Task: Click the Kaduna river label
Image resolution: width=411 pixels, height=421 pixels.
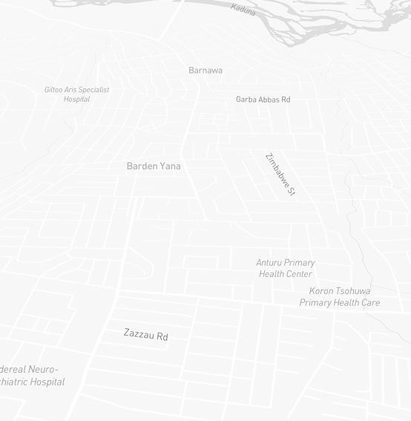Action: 243,10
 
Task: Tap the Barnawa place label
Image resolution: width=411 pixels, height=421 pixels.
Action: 205,71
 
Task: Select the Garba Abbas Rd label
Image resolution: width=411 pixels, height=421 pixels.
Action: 263,99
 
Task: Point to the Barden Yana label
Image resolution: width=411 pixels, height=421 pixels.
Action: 154,166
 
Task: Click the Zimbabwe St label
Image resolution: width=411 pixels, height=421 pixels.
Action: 280,174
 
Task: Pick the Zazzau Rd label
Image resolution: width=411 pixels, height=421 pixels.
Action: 145,336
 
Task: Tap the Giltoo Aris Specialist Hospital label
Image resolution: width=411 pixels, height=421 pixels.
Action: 76,94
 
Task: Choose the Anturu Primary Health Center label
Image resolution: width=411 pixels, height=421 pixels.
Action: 286,268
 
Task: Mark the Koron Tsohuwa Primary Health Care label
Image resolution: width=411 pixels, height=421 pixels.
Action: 340,296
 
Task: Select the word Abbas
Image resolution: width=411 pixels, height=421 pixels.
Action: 265,99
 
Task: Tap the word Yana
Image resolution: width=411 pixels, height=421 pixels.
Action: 170,166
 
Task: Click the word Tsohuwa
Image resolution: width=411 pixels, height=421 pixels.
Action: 352,291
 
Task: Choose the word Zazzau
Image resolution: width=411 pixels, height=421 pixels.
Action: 137,334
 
